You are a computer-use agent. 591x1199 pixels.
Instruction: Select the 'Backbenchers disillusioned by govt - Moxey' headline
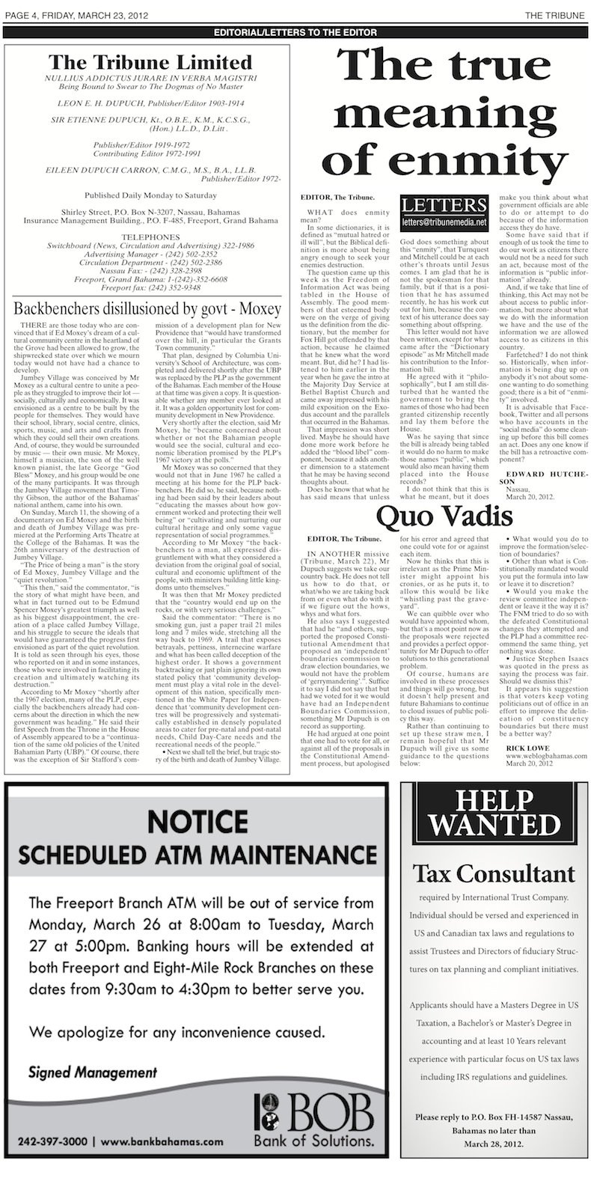(147, 308)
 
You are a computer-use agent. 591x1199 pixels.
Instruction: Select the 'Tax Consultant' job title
(494, 873)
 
